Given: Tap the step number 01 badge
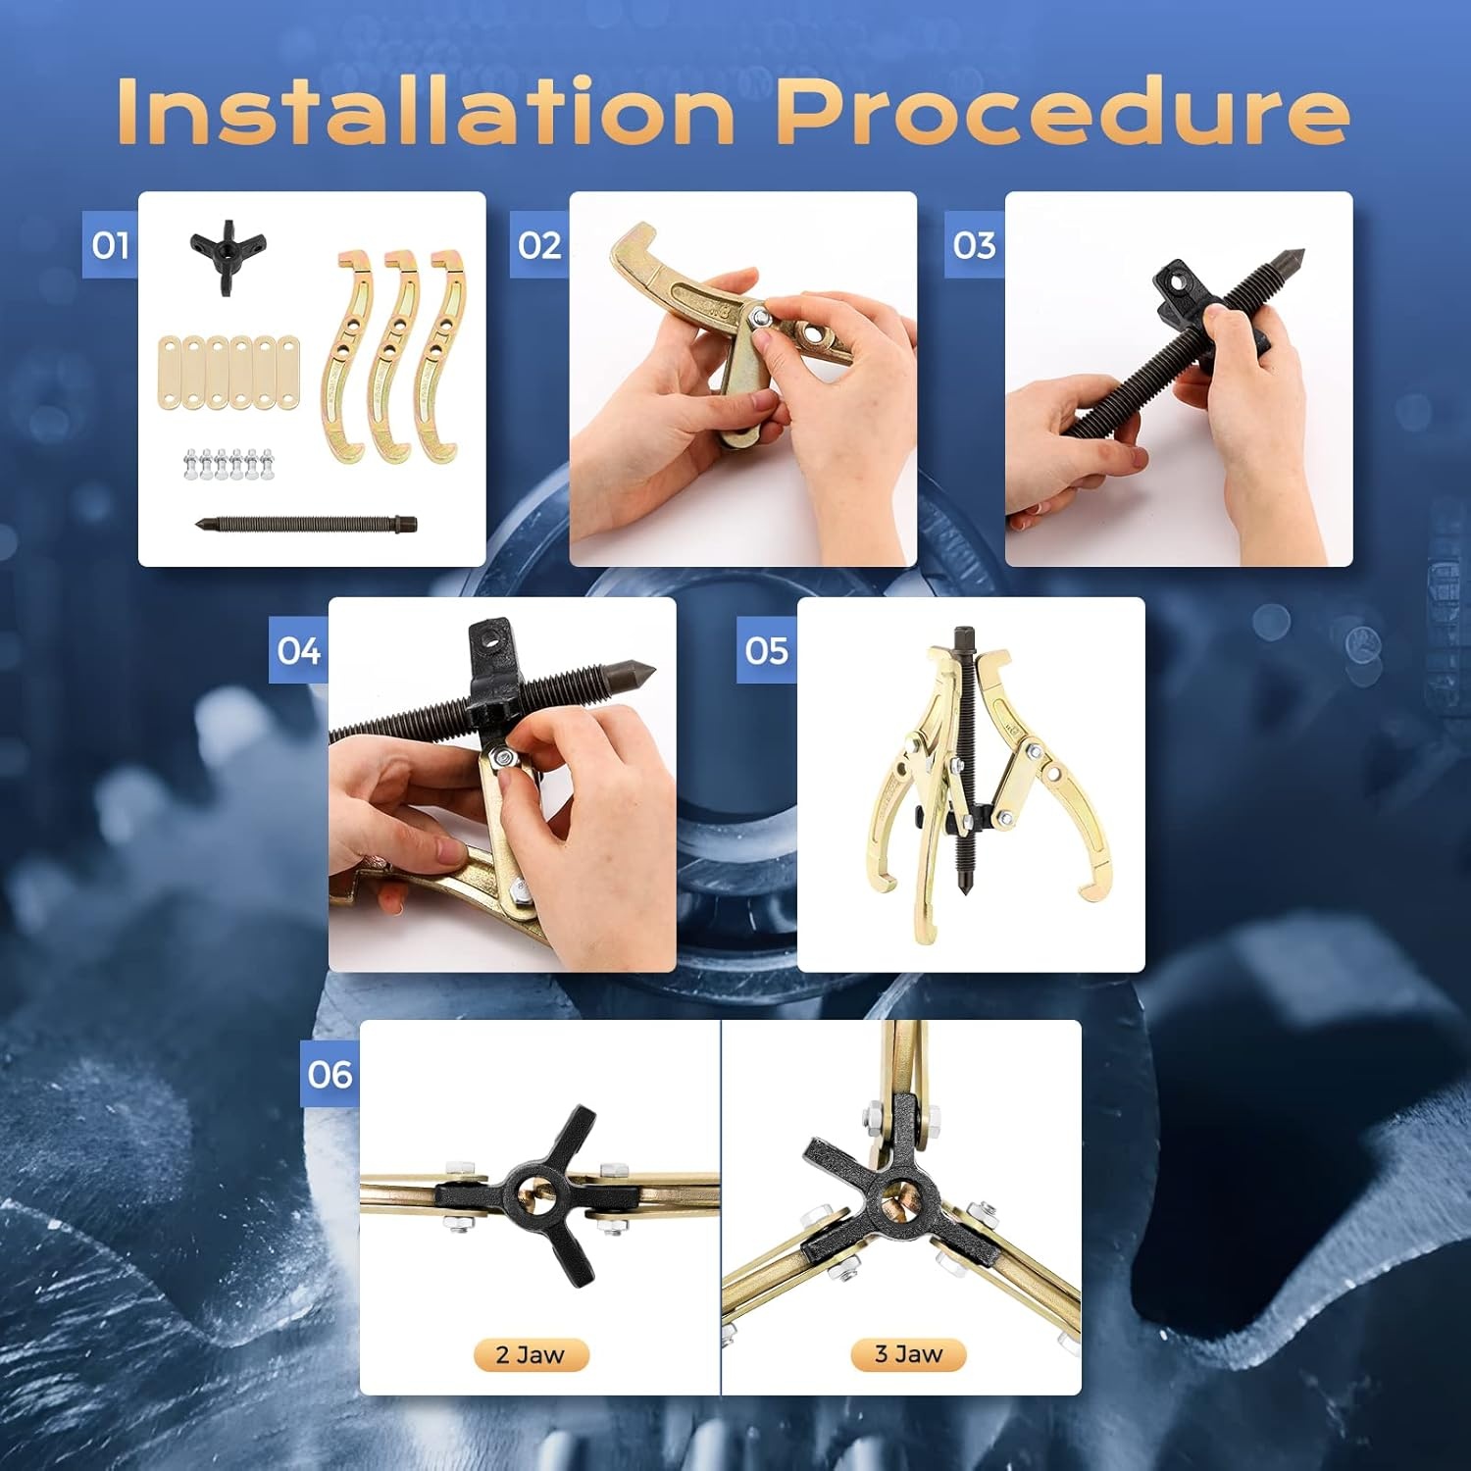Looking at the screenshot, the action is click(x=110, y=244).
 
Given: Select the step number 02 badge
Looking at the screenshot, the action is click(x=540, y=244).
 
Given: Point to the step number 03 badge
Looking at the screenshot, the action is click(x=975, y=244).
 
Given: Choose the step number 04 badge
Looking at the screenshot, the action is click(x=299, y=650).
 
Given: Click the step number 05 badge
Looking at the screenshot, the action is click(x=767, y=650).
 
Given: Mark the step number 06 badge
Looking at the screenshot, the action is click(x=330, y=1074).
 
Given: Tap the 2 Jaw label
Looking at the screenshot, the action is click(x=531, y=1354).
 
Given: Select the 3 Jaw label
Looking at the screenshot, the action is click(x=908, y=1354).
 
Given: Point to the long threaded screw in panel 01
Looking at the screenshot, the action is click(x=306, y=525).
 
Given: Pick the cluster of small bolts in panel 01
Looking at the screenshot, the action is click(x=228, y=464).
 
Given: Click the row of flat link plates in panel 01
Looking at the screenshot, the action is click(x=228, y=373).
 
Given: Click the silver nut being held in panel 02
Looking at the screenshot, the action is click(x=758, y=318).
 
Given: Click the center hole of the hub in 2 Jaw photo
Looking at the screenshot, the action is click(x=533, y=1193).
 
